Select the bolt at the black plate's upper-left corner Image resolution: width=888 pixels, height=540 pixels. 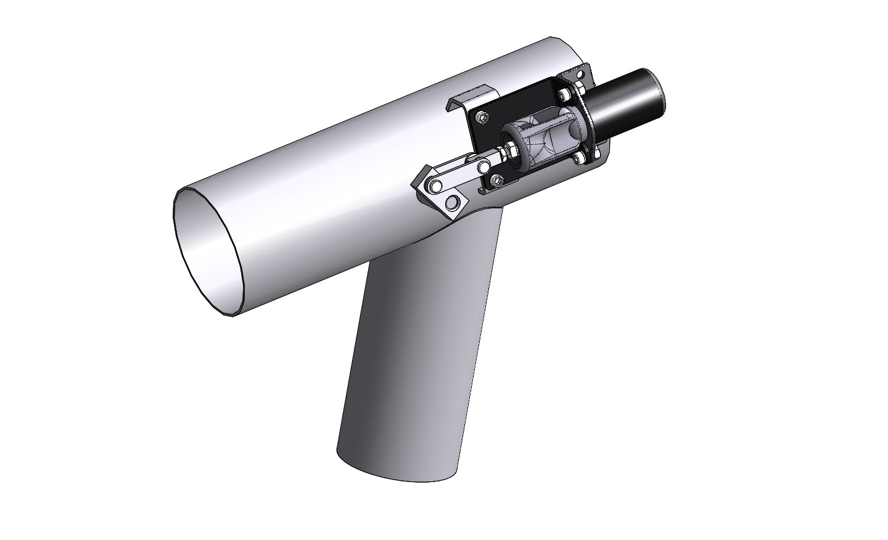click(x=482, y=117)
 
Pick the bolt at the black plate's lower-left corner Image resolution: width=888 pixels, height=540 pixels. click(x=497, y=180)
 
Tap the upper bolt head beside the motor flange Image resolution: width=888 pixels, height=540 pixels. click(x=564, y=96)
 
